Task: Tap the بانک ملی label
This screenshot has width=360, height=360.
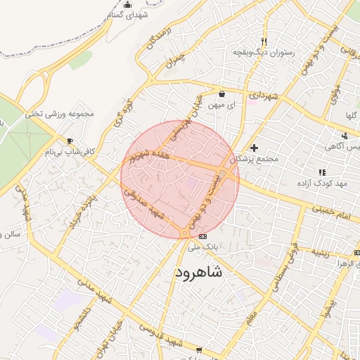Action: [x=202, y=247]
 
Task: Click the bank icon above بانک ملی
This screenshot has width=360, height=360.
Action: [x=202, y=236]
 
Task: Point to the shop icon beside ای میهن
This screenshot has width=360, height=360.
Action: [x=222, y=94]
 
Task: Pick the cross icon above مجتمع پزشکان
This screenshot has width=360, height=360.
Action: [x=254, y=148]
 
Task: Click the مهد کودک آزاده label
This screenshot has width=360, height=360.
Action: [x=323, y=184]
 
